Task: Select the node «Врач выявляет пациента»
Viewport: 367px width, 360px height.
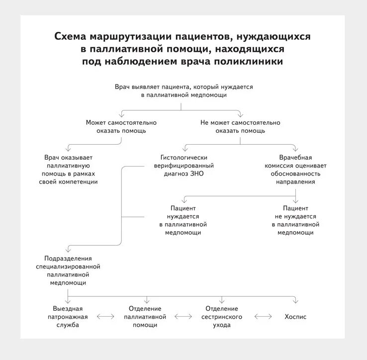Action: click(x=183, y=90)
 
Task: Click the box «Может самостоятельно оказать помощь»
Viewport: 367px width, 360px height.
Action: click(x=121, y=126)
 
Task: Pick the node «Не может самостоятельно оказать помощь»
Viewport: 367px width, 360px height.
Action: click(x=240, y=126)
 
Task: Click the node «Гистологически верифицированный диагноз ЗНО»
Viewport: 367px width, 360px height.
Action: click(x=183, y=166)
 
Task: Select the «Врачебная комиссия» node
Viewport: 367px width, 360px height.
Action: click(x=295, y=170)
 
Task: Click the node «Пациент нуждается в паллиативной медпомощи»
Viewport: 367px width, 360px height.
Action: click(x=183, y=220)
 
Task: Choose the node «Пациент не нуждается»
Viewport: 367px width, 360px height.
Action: click(x=295, y=220)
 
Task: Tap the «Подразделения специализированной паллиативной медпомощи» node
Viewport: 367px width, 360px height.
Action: click(x=68, y=270)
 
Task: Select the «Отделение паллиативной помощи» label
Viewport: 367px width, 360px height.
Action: click(x=145, y=317)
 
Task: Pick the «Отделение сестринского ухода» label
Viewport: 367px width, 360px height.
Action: click(x=221, y=317)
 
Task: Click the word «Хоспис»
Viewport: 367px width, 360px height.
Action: click(x=295, y=317)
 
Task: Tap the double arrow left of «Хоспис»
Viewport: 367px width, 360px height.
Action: click(x=263, y=317)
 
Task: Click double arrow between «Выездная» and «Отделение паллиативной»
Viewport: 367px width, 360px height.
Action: click(x=105, y=317)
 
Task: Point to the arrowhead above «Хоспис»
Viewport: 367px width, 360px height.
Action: click(x=295, y=301)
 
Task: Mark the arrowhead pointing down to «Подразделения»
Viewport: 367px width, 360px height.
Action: click(x=68, y=249)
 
